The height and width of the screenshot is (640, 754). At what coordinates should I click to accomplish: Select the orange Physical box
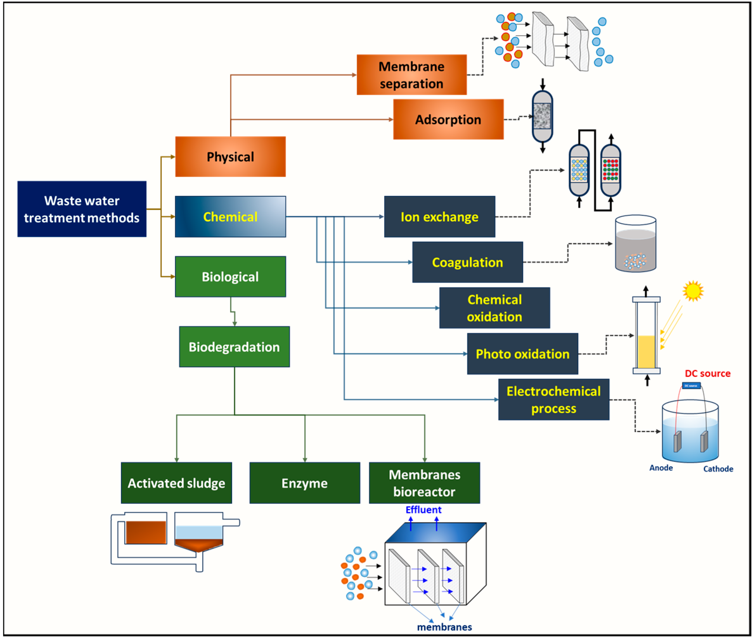coord(230,157)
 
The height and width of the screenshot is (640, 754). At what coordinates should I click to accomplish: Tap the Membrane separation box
coord(411,75)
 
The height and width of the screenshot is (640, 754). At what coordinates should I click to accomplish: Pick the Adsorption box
coord(448,120)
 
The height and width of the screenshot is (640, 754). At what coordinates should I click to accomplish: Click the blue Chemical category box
coord(230,217)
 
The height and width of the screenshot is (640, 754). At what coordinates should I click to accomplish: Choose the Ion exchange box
coord(439,217)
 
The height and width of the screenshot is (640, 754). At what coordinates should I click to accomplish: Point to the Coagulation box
coord(467,262)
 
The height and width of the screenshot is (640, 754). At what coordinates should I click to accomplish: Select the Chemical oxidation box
coord(494,308)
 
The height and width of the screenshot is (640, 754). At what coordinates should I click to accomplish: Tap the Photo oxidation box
coord(522,354)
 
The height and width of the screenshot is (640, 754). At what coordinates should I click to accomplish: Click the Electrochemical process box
coord(553,399)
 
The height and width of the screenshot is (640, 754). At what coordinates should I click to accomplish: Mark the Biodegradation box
coord(234,347)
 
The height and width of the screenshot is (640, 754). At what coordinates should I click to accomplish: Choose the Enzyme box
coord(305,483)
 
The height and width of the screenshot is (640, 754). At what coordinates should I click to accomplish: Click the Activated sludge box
coord(176,483)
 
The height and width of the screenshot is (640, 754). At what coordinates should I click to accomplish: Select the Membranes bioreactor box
coord(424,483)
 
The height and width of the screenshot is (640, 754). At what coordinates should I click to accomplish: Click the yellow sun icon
coord(693,291)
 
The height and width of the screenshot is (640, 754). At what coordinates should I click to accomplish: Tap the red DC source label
coord(707,373)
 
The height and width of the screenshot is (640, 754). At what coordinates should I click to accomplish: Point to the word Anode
coord(661,468)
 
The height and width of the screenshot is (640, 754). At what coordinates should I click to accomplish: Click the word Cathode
coord(718,469)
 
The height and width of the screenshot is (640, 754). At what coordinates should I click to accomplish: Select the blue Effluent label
coord(423,510)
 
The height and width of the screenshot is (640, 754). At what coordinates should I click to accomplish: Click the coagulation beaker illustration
coord(635,244)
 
